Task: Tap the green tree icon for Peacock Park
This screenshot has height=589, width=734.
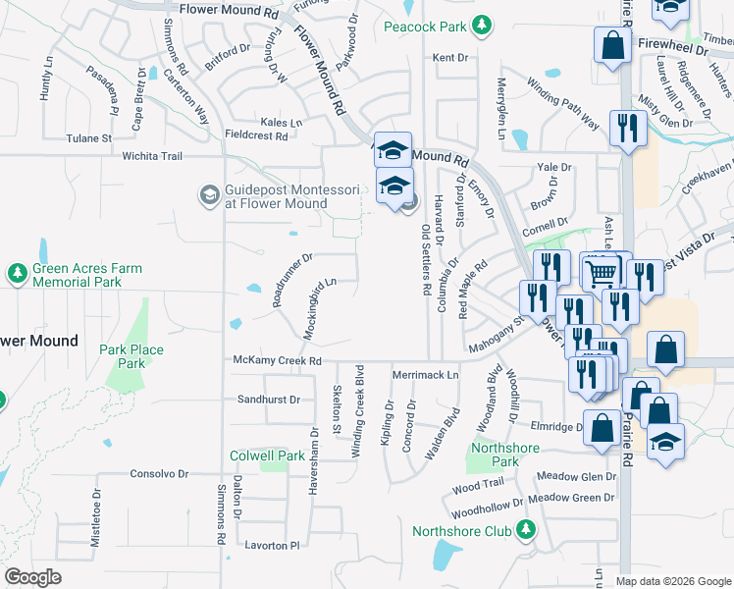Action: (480, 27)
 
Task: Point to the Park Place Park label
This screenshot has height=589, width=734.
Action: (131, 356)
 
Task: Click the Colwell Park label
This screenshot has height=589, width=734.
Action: (267, 455)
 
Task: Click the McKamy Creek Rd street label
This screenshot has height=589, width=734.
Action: (278, 361)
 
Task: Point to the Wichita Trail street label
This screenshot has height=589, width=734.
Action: (152, 156)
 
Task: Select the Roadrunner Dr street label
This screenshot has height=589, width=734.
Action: (292, 280)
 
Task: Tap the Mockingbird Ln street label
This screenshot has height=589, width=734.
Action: (319, 308)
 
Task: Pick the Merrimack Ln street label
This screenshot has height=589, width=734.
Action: (425, 375)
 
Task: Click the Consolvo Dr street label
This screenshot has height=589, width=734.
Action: (158, 473)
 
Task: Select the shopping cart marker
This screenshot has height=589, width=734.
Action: (601, 270)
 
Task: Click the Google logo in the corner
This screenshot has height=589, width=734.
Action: (32, 577)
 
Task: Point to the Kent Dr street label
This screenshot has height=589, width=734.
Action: (450, 58)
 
